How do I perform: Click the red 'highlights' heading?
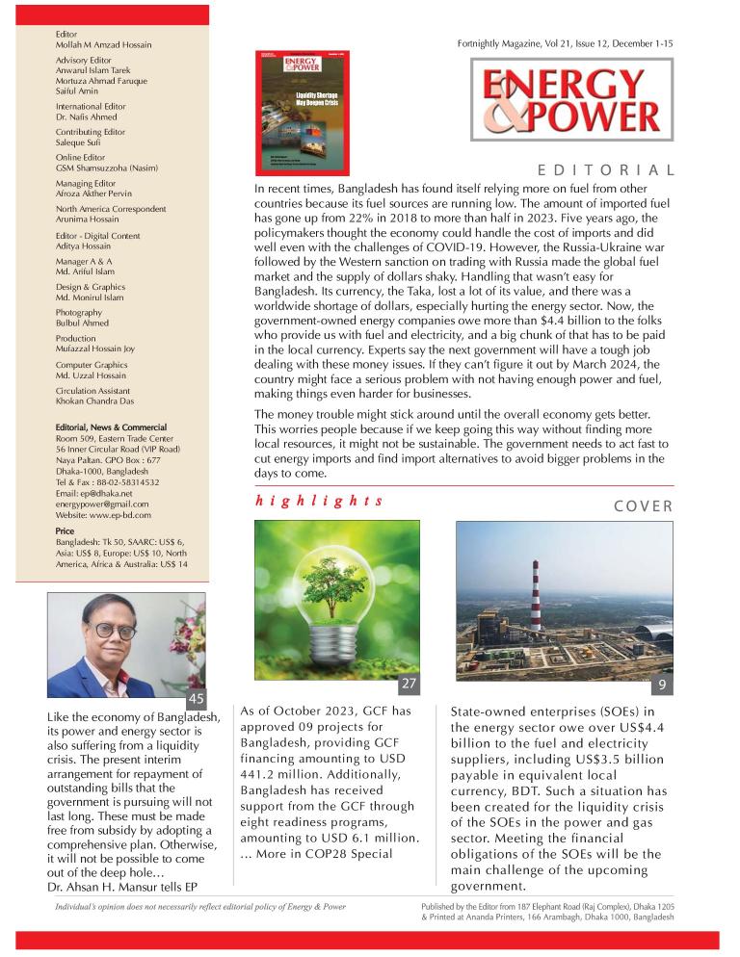click(x=319, y=502)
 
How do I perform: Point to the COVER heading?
click(x=643, y=505)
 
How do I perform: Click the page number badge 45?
click(x=196, y=699)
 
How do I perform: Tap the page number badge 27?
click(x=410, y=685)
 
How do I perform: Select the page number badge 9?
click(x=662, y=685)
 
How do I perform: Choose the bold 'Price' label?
click(x=66, y=530)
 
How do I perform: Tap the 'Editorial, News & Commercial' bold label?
click(x=111, y=427)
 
